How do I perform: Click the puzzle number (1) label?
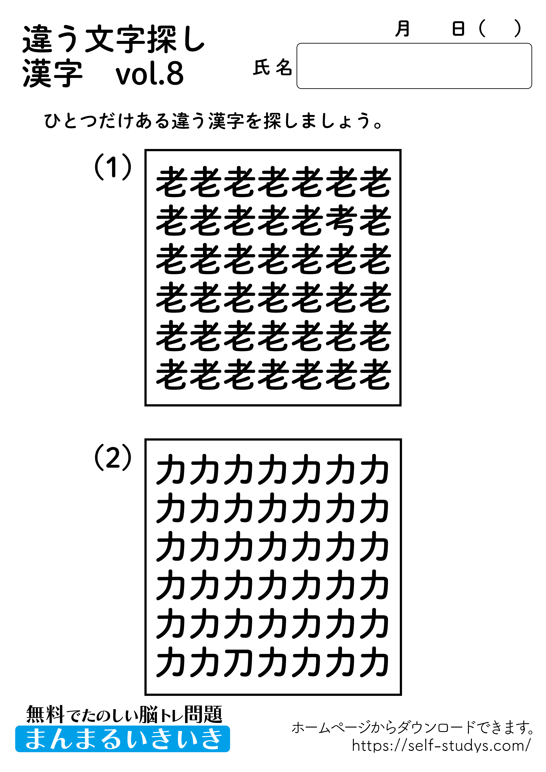point(113,167)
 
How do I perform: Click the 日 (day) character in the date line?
point(458,29)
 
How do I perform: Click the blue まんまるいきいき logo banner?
point(122,739)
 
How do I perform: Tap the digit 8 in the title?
point(175,73)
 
